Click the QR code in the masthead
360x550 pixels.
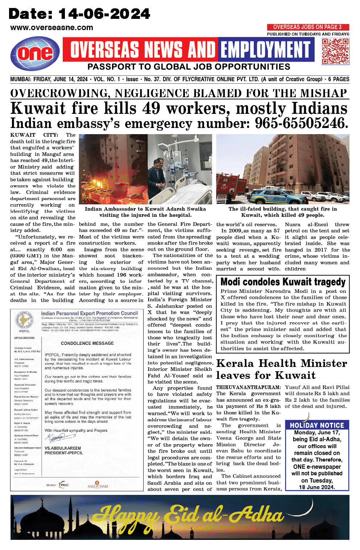pos(335,51)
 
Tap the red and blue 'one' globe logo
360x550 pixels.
pos(35,54)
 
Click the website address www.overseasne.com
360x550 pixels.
pos(51,28)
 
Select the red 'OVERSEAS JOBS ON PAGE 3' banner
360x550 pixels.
pos(308,27)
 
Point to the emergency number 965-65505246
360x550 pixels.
pos(302,123)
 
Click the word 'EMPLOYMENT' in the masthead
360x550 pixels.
pos(266,50)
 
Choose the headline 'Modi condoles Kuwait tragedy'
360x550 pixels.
pos(283,282)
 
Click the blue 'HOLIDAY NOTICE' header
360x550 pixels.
pos(317,425)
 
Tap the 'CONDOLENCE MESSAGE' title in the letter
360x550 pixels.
pos(87,343)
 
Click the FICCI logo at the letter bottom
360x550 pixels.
pos(63,485)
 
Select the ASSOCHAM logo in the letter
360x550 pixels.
pos(98,485)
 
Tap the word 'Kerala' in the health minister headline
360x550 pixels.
pos(235,363)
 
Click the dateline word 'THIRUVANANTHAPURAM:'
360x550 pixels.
pos(248,387)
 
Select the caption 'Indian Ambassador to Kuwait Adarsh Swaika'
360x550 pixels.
pos(145,209)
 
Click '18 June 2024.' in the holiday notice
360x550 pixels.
pos(316,487)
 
